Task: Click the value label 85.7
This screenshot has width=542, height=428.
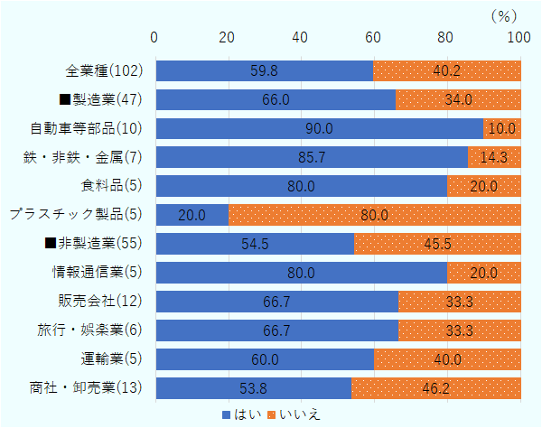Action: tap(312, 157)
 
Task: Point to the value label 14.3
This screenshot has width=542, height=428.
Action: tap(504, 157)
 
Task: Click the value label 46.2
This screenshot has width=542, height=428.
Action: tap(436, 388)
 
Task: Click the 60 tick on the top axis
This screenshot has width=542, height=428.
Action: tap(373, 37)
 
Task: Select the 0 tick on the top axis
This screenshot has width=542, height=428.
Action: tap(155, 37)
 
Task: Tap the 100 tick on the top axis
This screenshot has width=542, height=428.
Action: tap(519, 37)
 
